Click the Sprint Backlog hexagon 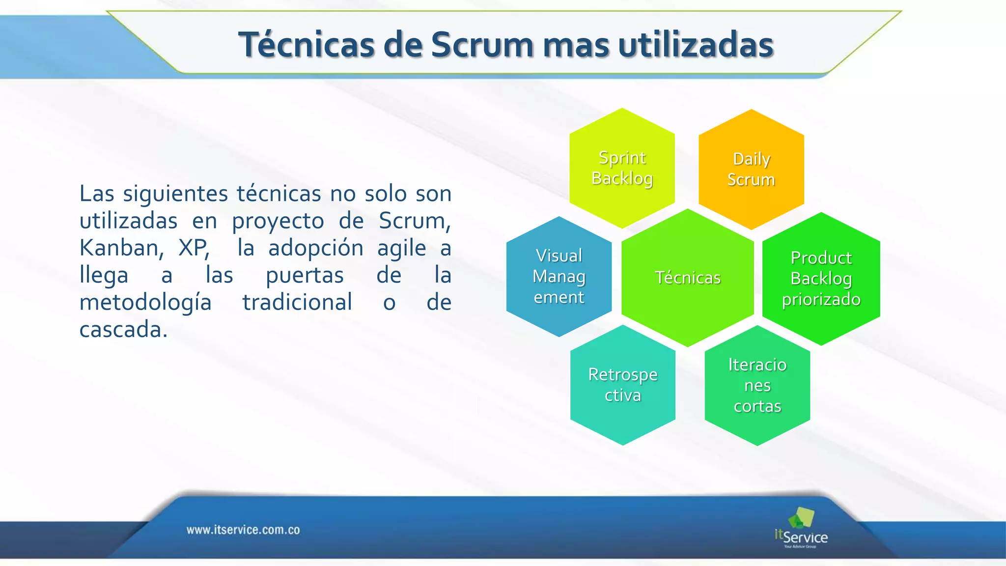click(622, 168)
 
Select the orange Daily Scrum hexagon click(751, 170)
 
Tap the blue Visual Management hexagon click(559, 277)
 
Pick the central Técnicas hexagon click(688, 278)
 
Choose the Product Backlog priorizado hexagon click(821, 279)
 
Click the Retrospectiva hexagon click(623, 385)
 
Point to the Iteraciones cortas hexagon click(757, 386)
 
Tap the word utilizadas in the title click(696, 45)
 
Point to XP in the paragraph click(194, 248)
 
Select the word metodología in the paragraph click(145, 302)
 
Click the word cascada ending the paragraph click(123, 329)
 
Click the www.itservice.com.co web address click(243, 530)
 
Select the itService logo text click(802, 537)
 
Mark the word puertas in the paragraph click(305, 275)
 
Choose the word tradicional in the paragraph click(297, 302)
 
